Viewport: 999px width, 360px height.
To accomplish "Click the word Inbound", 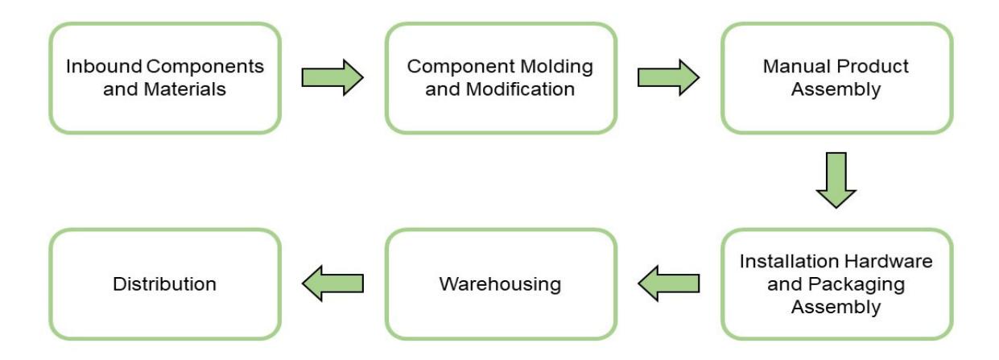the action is (104, 67).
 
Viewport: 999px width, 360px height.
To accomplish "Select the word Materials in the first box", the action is (184, 89).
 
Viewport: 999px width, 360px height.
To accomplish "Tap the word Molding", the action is (556, 68).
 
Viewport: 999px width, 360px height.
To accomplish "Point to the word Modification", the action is (520, 89).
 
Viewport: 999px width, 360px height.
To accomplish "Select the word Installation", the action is (789, 262).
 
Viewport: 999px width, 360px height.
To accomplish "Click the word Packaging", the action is (857, 285).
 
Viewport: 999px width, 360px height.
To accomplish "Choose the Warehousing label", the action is (500, 285).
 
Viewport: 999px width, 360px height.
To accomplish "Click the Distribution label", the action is (164, 284).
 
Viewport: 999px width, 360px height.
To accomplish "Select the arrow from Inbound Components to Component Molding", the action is (332, 77).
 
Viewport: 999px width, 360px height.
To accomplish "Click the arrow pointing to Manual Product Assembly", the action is (668, 77).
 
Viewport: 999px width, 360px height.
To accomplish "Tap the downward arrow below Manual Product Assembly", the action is (836, 180).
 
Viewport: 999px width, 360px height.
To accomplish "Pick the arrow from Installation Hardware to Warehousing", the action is (668, 283).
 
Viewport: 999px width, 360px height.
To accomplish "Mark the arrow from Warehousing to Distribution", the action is (332, 283).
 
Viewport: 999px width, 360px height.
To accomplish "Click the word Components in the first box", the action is (205, 68).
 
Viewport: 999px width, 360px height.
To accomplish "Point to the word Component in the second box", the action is (460, 68).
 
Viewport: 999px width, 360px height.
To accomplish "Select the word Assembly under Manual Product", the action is (836, 90).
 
